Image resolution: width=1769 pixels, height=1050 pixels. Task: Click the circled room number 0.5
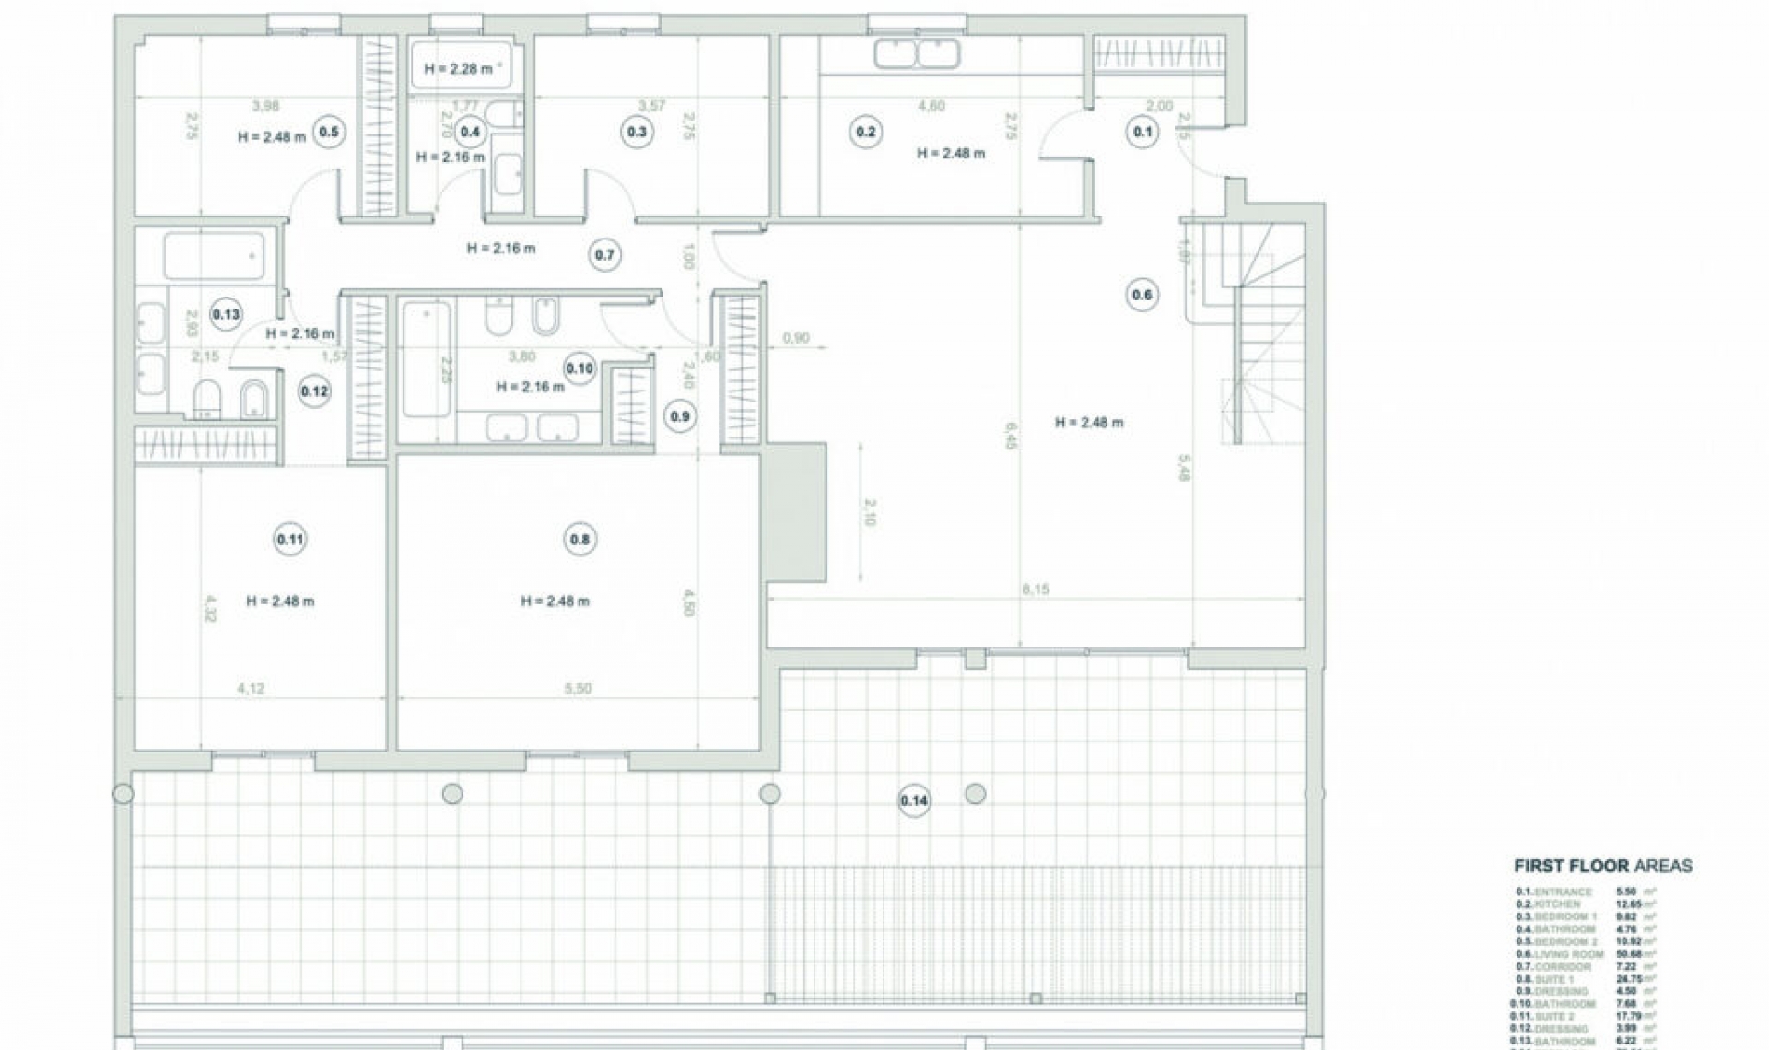[x=328, y=132]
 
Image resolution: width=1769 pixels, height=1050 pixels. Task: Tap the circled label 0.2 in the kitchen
[x=866, y=132]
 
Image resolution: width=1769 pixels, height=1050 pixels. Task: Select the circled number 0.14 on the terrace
[x=914, y=800]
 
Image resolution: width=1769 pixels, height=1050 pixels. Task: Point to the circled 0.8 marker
[x=580, y=540]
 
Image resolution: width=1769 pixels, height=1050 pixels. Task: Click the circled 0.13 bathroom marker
[x=226, y=314]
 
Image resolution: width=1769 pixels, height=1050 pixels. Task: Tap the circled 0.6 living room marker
[x=1142, y=295]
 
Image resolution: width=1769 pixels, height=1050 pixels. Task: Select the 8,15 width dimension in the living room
[x=1036, y=589]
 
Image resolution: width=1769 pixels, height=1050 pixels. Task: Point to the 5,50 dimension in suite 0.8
[x=578, y=688]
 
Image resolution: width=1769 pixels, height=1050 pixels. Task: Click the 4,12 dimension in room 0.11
[x=251, y=688]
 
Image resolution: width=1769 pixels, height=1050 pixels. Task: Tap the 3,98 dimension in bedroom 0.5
[x=265, y=106]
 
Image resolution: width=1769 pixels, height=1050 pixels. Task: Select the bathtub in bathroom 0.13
[x=214, y=255]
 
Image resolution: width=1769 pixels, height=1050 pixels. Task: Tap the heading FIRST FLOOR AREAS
[x=1603, y=866]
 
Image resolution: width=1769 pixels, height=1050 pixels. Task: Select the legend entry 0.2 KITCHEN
[x=1553, y=904]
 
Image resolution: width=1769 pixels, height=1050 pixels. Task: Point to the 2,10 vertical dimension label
[x=871, y=512]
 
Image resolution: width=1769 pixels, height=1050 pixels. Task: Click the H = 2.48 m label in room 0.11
[x=280, y=601]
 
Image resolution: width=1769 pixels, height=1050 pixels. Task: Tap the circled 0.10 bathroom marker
[x=580, y=368]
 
